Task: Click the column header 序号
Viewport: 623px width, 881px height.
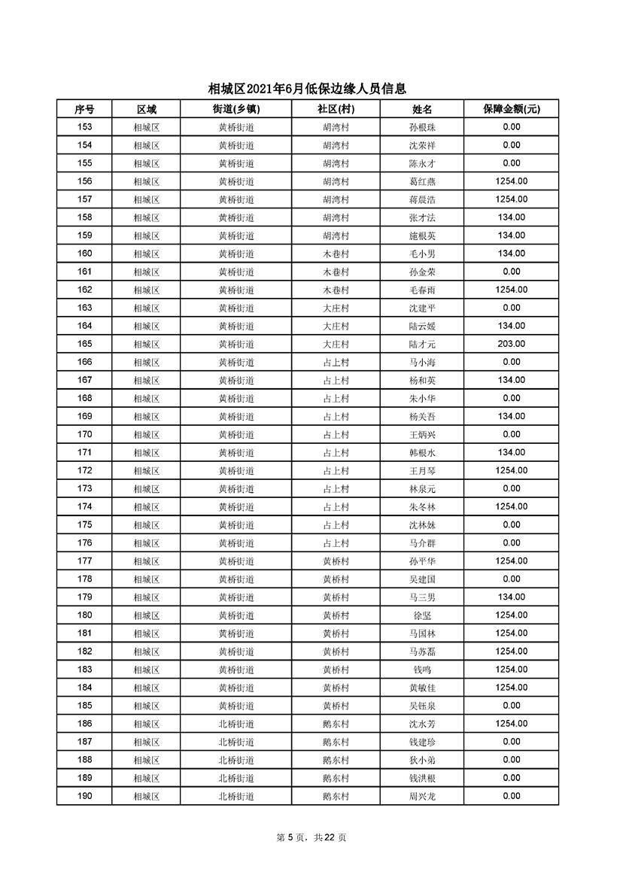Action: click(84, 109)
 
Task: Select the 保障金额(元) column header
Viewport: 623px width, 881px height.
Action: click(512, 109)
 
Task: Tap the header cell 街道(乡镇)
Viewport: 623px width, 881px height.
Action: click(236, 109)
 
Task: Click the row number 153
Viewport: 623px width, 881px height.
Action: click(84, 127)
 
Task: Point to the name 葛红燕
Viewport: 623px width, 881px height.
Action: click(422, 181)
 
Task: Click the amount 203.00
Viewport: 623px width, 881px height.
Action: click(512, 344)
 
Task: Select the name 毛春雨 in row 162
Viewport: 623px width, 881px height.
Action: click(422, 290)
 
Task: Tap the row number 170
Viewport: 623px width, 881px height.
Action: click(84, 434)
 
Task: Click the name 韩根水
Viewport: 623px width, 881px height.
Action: click(422, 452)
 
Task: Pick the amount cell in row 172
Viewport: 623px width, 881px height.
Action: click(512, 470)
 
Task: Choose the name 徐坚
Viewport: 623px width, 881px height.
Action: click(422, 615)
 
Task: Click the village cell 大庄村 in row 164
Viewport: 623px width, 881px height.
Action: click(336, 326)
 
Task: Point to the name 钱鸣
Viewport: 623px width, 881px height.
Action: click(422, 670)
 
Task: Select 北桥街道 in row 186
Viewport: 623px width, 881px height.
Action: click(236, 724)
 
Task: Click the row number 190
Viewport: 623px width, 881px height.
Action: click(84, 796)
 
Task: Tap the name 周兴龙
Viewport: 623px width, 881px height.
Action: click(422, 796)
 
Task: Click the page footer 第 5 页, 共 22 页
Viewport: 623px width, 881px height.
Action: click(311, 837)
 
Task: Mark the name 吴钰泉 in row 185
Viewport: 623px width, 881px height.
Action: click(422, 706)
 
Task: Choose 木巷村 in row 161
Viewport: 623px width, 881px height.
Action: click(336, 272)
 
